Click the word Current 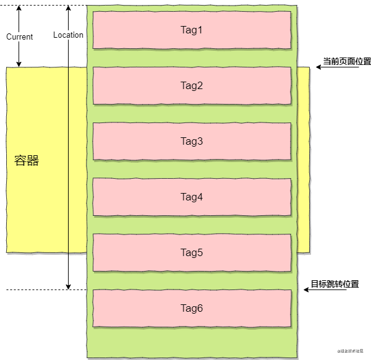click(x=19, y=37)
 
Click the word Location click(x=68, y=35)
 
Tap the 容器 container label click(x=27, y=161)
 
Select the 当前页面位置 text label click(x=346, y=62)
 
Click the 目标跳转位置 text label click(x=335, y=285)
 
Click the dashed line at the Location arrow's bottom click(x=37, y=289)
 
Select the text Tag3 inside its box click(x=192, y=142)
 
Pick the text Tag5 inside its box click(x=192, y=252)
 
